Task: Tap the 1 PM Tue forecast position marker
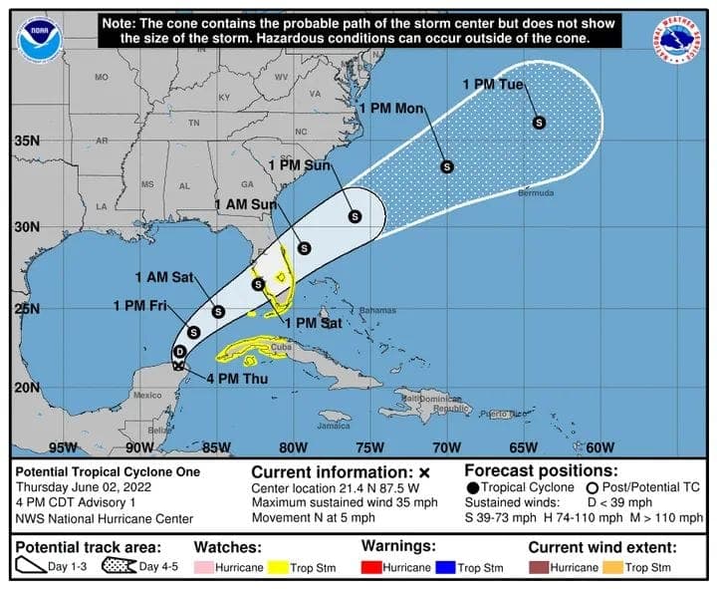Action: point(539,123)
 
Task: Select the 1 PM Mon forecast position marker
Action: point(447,166)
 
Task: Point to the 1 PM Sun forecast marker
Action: point(355,215)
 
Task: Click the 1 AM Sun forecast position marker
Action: point(305,248)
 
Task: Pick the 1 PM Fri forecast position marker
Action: point(193,332)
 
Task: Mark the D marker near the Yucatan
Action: point(180,352)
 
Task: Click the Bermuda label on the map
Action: point(536,192)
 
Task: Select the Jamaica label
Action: point(335,426)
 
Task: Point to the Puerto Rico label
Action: point(504,413)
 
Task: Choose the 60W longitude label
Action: point(599,446)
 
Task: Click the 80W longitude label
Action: point(292,446)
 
